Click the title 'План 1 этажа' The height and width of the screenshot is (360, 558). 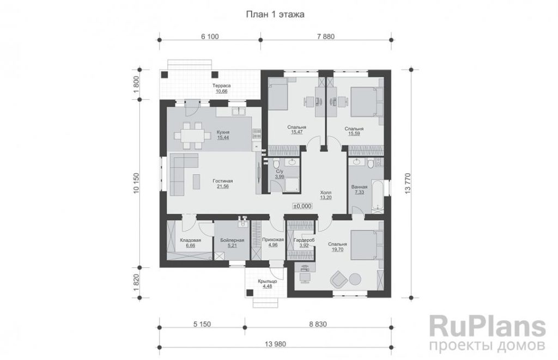275,15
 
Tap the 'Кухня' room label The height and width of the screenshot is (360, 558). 223,132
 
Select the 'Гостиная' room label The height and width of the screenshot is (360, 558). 223,181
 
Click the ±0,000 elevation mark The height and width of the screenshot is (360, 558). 302,206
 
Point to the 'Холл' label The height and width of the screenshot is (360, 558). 326,192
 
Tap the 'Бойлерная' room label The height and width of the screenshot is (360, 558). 232,240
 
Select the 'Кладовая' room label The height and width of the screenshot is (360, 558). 190,240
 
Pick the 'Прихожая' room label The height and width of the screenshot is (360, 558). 273,240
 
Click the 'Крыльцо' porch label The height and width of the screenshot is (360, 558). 267,281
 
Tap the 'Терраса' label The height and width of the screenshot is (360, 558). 222,86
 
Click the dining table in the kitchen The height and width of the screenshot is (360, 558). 189,136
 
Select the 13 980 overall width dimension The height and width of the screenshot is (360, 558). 275,344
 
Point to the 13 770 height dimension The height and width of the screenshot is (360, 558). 408,184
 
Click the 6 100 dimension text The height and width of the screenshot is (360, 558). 210,36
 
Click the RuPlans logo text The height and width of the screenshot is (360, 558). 488,326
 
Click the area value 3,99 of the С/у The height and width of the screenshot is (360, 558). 280,176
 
